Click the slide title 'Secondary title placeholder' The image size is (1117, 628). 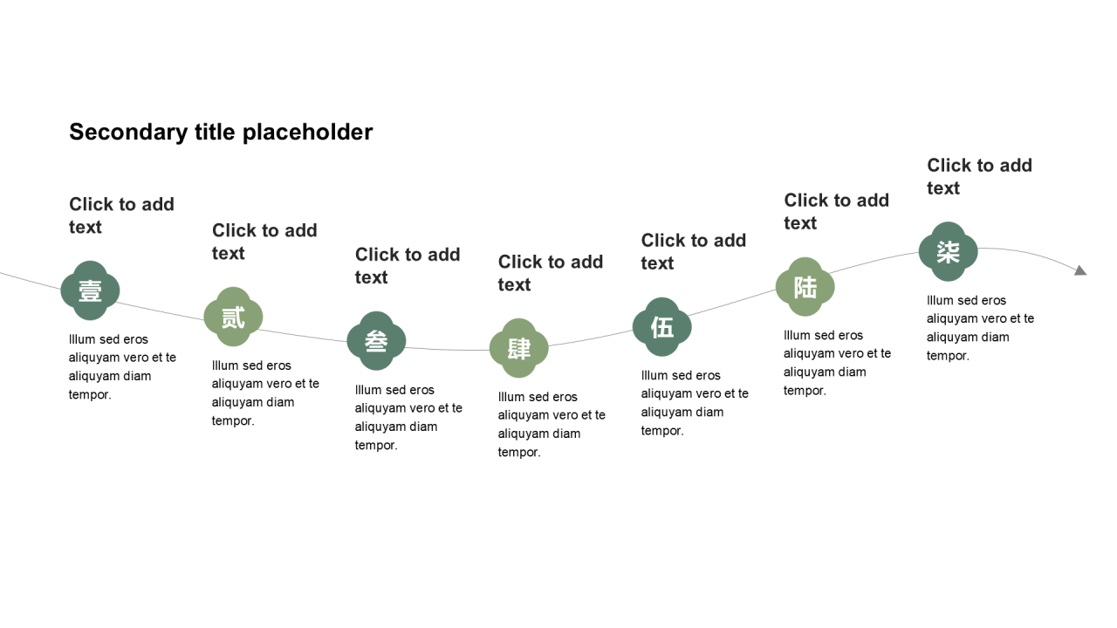[221, 133]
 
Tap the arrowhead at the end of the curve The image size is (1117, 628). [1080, 270]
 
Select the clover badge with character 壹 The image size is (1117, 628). [90, 290]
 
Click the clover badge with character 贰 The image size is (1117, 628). [233, 317]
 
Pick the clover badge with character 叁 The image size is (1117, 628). [376, 341]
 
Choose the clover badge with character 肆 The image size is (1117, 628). [519, 348]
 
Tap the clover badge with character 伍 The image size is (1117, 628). [662, 327]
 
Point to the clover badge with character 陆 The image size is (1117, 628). [805, 287]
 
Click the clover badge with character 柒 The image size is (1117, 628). [949, 252]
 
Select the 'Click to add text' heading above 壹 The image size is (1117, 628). [121, 215]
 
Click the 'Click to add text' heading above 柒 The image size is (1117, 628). [979, 176]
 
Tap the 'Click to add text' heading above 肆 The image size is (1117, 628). [551, 273]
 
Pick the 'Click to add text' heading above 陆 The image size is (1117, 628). [836, 211]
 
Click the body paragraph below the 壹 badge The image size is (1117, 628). [122, 367]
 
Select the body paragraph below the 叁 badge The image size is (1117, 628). [408, 417]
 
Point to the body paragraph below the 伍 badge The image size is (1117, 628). [695, 403]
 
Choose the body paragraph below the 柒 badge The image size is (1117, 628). [980, 328]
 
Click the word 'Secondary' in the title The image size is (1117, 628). [128, 133]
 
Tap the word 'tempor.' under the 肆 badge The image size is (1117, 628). [519, 453]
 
